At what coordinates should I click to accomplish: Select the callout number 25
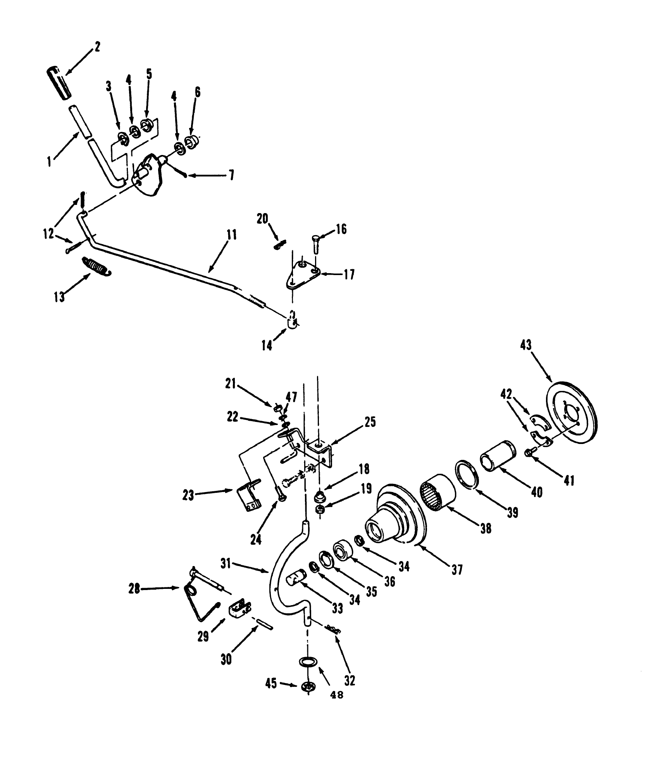click(x=370, y=422)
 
